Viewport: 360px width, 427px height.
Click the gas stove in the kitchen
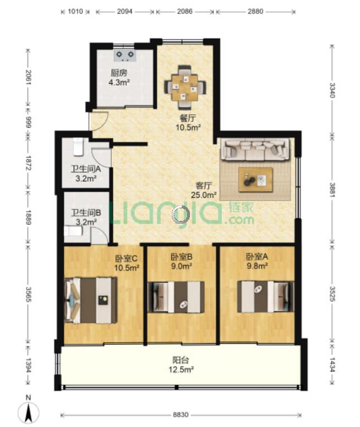tap(125, 55)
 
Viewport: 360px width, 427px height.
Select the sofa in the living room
tap(255, 149)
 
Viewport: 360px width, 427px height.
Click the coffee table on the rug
tap(255, 180)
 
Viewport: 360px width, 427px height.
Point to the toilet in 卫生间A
tap(78, 147)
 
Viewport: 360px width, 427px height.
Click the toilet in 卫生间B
tap(73, 231)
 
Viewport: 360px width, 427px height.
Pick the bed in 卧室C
tap(91, 300)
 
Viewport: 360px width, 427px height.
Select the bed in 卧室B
tap(176, 297)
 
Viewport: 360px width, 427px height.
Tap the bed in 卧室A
tap(265, 296)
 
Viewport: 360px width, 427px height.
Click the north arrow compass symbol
tap(28, 410)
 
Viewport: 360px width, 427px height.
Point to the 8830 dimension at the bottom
tap(181, 415)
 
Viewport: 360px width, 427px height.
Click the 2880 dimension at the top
tap(255, 12)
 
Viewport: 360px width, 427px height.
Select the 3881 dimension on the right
tap(332, 190)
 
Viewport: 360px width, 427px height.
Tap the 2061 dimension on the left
tap(28, 77)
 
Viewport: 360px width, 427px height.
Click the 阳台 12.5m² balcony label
tap(181, 365)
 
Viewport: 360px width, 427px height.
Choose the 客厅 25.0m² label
tap(204, 190)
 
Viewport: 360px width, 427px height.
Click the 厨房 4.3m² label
tap(119, 78)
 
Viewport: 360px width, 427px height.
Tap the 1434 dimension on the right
tap(332, 364)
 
